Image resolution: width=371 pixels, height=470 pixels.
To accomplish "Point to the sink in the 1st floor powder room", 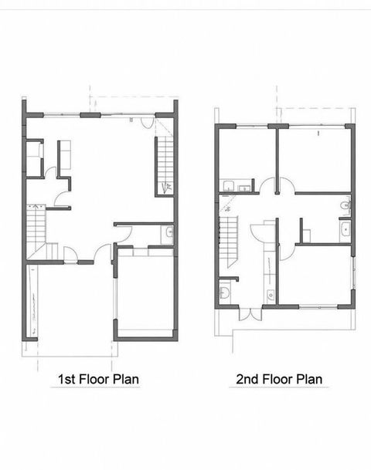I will [x=169, y=232].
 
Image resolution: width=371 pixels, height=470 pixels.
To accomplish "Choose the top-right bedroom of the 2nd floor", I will [x=314, y=158].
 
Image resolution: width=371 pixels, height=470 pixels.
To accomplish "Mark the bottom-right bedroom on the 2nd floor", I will [x=315, y=274].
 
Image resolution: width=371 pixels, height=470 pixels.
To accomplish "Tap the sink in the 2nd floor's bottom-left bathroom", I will [x=223, y=291].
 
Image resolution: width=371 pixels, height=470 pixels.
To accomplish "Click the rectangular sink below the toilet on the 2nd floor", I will [x=345, y=230].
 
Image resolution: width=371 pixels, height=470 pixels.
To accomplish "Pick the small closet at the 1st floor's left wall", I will [x=34, y=158].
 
